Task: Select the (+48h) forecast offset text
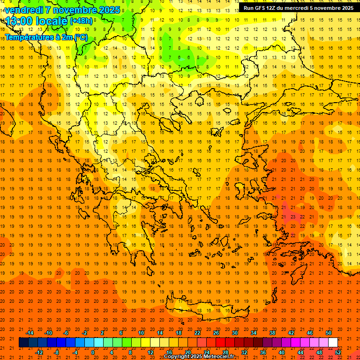coord(81,21)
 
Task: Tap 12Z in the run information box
coord(272,8)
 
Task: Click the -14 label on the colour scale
coord(30,333)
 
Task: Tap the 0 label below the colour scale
coord(93,352)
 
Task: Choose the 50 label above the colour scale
coord(329,333)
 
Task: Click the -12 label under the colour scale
coord(39,352)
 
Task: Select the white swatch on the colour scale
coord(333,343)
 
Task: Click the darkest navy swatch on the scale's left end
coord(23,343)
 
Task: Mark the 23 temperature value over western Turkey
coord(292,217)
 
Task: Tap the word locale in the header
coord(49,21)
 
